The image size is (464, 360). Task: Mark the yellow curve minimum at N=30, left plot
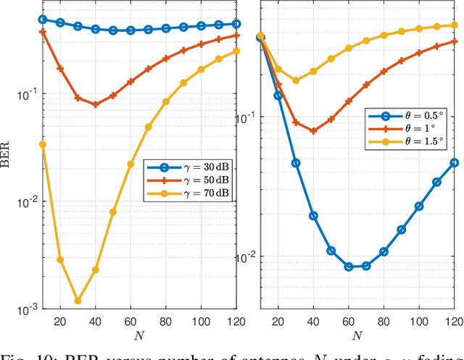click(78, 301)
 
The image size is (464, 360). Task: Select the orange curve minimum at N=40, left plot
click(95, 104)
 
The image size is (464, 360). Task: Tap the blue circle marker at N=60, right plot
click(349, 267)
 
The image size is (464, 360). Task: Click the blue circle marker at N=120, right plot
click(455, 163)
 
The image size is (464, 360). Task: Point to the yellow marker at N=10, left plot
click(42, 144)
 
